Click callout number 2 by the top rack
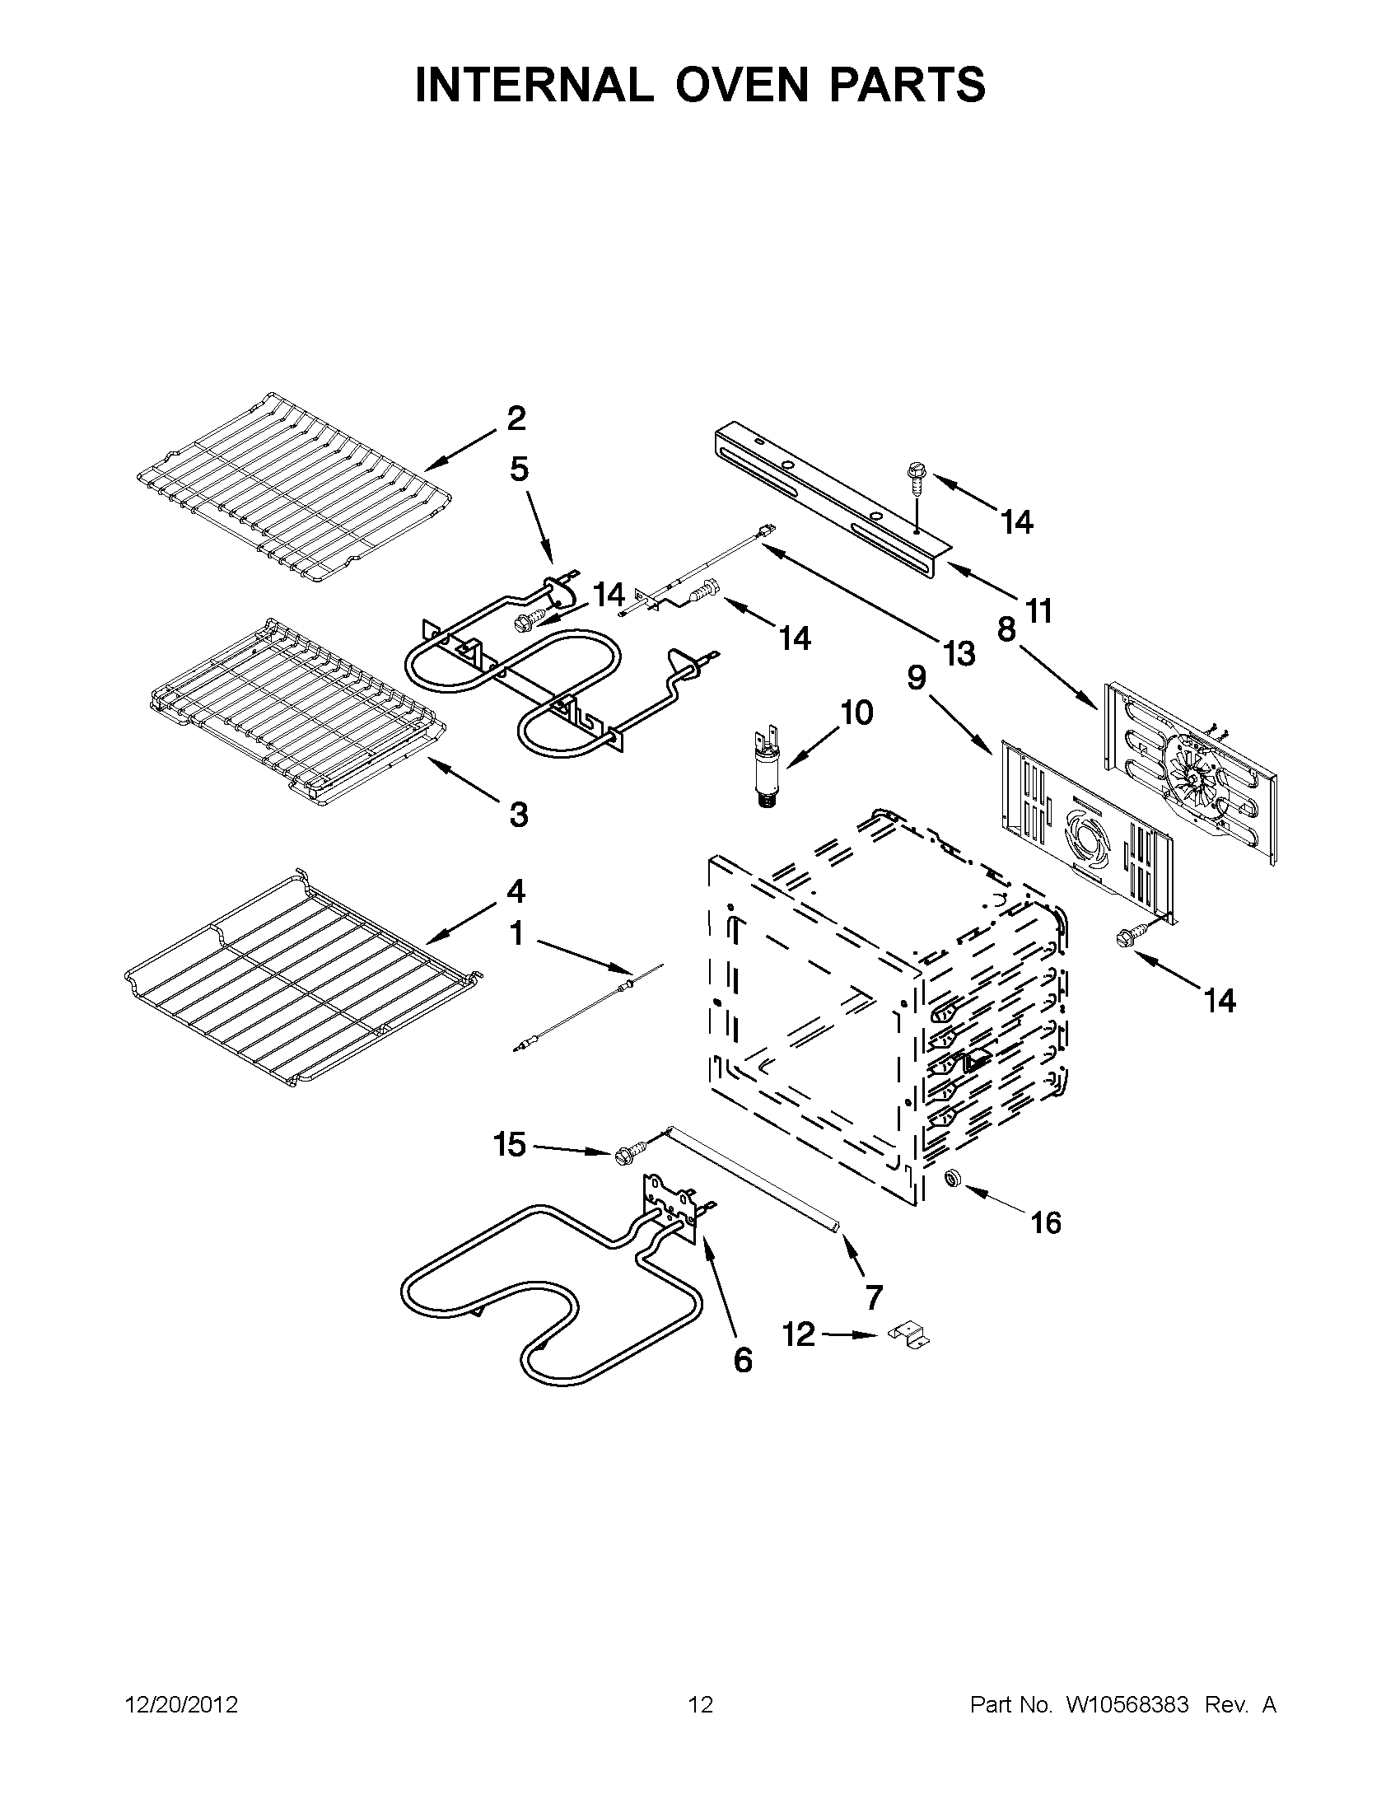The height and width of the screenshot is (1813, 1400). (x=516, y=418)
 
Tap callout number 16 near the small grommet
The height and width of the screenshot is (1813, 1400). (x=1046, y=1222)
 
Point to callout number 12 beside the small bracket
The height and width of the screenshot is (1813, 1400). (x=800, y=1336)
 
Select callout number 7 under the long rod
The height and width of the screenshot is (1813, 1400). (x=873, y=1297)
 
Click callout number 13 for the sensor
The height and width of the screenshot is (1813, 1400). (x=959, y=654)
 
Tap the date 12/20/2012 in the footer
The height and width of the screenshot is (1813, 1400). (x=182, y=1705)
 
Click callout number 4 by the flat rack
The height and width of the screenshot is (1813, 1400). (x=516, y=892)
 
